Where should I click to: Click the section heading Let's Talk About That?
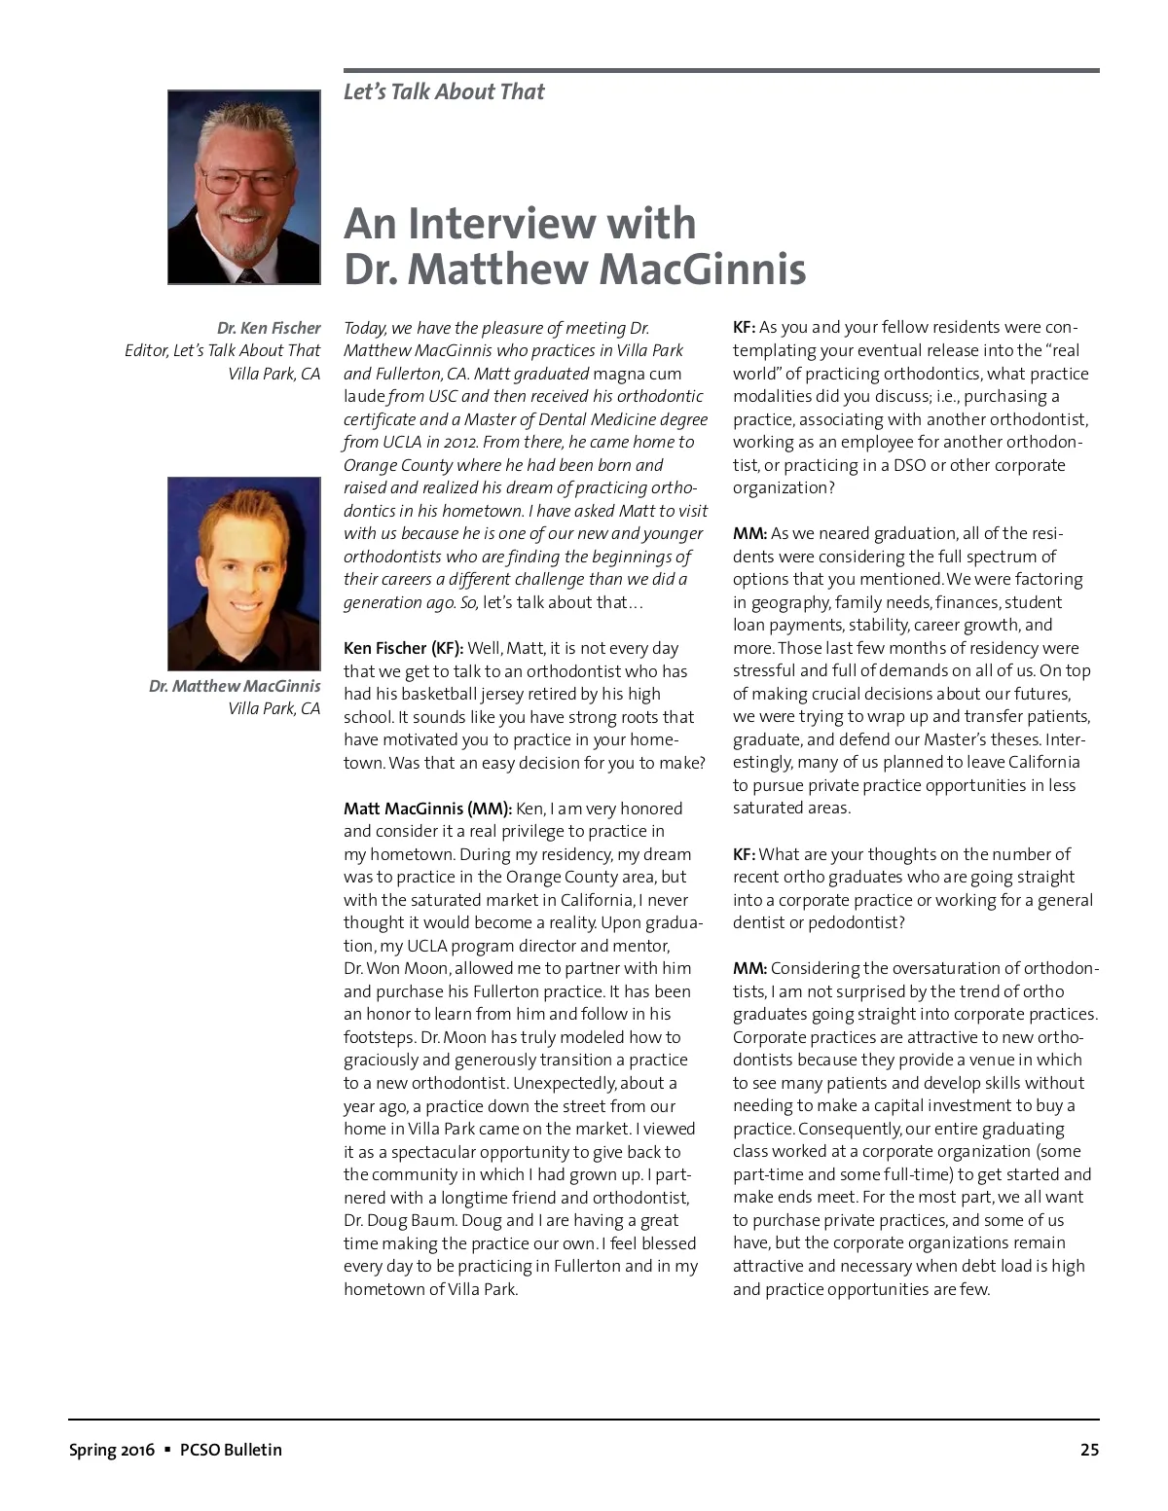pos(444,92)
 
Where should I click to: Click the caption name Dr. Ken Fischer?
pos(269,329)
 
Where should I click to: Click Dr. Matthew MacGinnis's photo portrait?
pos(243,573)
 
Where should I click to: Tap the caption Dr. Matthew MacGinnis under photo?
pos(235,687)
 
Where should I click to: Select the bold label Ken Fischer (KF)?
pos(403,649)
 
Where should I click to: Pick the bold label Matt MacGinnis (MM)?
pos(427,809)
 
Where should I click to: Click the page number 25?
pos(1089,1450)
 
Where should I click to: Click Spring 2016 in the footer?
pos(111,1450)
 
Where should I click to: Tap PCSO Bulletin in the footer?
pos(231,1450)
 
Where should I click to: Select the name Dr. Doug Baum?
pos(400,1221)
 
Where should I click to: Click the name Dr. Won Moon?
pos(396,969)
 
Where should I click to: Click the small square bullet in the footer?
pos(167,1450)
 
